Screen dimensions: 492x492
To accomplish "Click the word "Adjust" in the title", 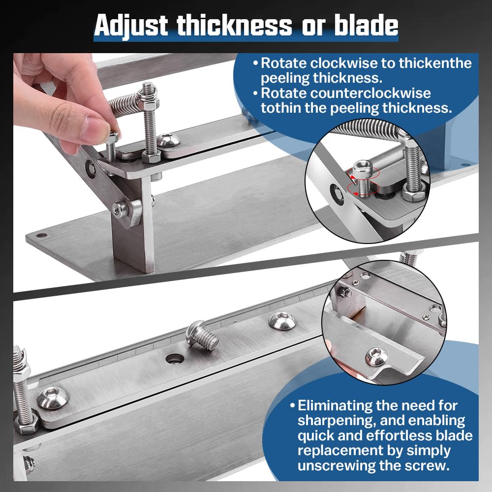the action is tap(131, 26).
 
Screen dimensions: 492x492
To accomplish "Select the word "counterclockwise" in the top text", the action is tap(346, 93).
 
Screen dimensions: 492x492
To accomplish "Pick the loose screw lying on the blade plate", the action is tap(202, 335).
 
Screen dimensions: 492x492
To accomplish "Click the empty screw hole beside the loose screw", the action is tap(174, 359).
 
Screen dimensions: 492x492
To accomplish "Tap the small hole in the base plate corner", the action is tap(41, 235).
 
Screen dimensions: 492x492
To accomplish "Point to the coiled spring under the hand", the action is tap(124, 103).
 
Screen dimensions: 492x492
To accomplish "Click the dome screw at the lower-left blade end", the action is tap(52, 398).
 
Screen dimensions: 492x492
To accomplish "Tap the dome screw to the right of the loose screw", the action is tap(282, 320).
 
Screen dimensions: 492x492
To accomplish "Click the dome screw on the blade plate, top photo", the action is tap(168, 140).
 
